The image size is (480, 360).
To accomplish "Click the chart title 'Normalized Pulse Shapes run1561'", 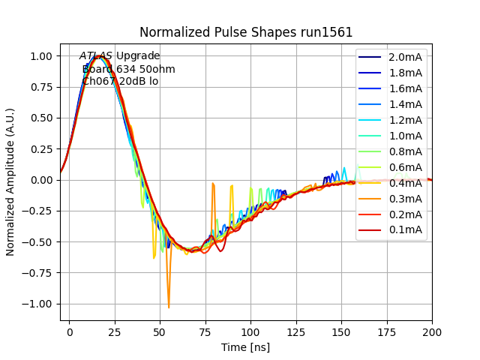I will pyautogui.click(x=246, y=32).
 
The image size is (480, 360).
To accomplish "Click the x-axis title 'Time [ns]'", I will pyautogui.click(x=245, y=347).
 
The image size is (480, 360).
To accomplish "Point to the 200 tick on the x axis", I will pyautogui.click(x=432, y=331).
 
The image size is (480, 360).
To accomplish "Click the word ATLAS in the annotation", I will pyautogui.click(x=96, y=56).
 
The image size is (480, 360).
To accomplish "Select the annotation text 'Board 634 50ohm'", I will pyautogui.click(x=128, y=69).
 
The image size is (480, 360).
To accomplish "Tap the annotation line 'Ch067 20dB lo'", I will pyautogui.click(x=120, y=81).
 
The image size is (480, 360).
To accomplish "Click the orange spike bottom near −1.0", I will pyautogui.click(x=169, y=307).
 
